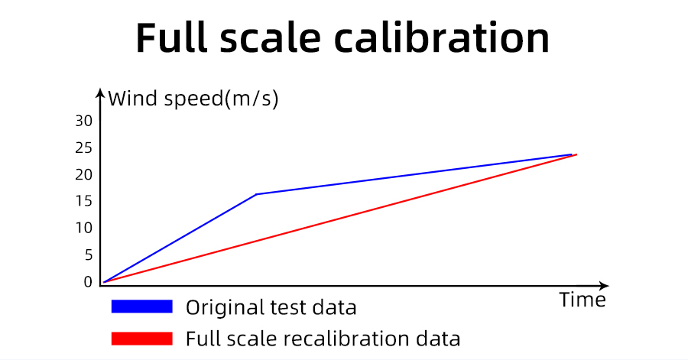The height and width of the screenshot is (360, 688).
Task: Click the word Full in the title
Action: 176,37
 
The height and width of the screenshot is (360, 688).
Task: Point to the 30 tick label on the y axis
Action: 83,121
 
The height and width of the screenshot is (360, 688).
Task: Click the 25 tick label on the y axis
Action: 83,148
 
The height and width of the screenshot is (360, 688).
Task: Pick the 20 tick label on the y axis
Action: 83,174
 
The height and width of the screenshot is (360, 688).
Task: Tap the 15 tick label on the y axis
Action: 83,201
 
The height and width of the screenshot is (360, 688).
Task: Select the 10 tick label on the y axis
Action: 83,228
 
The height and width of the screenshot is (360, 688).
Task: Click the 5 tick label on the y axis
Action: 88,255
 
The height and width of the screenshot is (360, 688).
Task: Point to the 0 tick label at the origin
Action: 88,281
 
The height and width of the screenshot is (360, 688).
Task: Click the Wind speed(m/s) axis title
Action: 193,99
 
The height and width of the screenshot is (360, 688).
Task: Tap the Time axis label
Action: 582,300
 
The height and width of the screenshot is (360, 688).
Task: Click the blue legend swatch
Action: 141,306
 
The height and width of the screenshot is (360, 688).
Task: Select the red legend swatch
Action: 141,338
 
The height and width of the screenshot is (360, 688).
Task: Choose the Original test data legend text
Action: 271,307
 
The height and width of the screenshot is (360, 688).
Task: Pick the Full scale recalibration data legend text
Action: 323,338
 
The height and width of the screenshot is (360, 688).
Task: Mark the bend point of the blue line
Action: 257,194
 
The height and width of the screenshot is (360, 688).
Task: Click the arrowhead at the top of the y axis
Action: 100,93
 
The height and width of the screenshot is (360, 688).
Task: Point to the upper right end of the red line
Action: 576,154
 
